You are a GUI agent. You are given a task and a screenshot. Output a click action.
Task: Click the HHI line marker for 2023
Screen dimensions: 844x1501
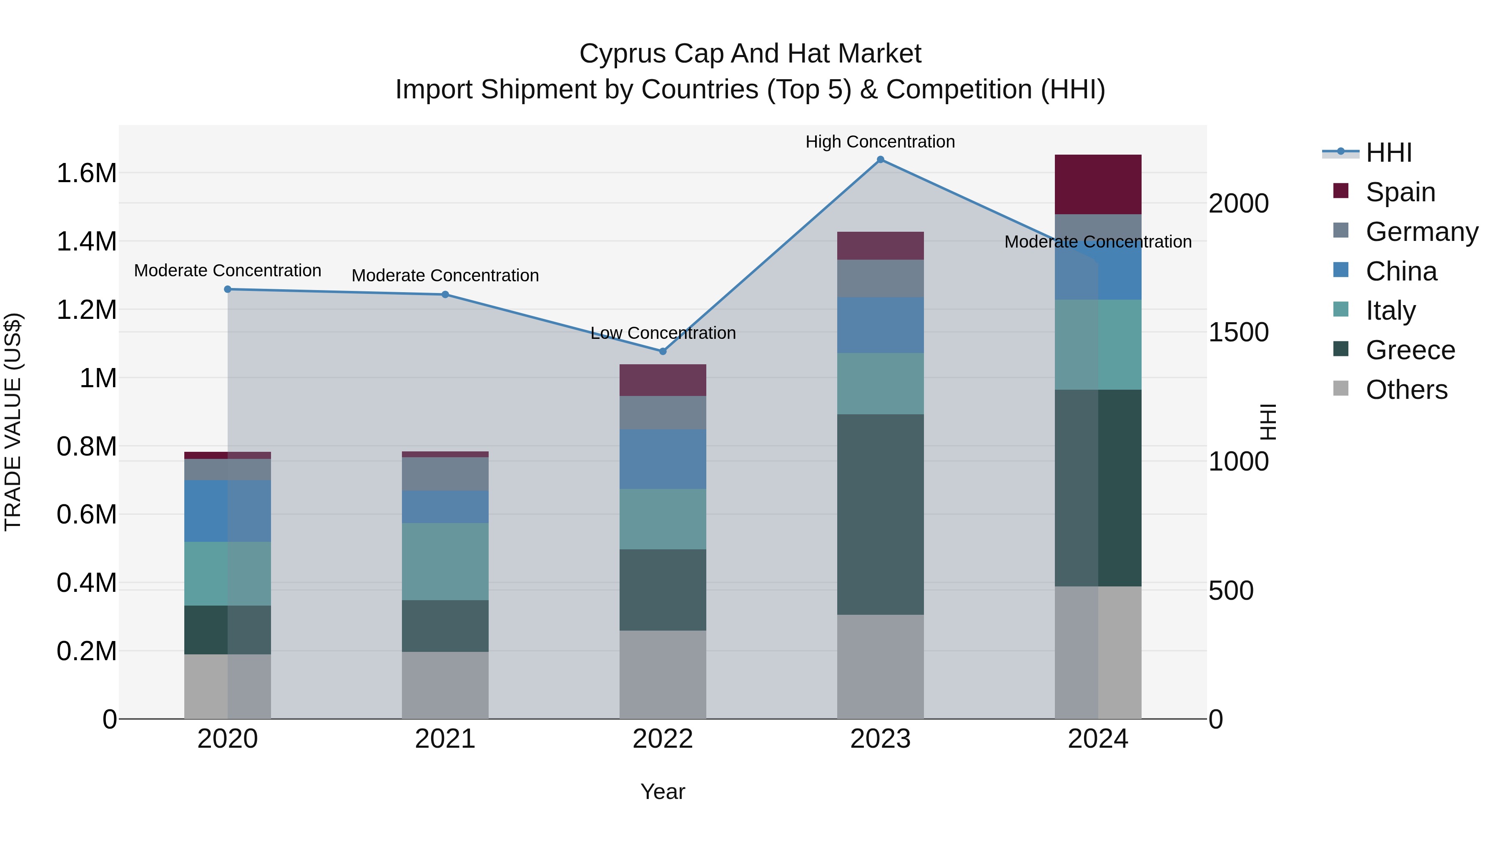[x=881, y=159]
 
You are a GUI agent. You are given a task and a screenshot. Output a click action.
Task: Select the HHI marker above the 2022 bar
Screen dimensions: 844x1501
[x=663, y=351]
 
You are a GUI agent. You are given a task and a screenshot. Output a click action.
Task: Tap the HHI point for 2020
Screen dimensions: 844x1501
[x=228, y=289]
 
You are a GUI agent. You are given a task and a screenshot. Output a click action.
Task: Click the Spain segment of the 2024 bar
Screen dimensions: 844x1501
[x=1098, y=184]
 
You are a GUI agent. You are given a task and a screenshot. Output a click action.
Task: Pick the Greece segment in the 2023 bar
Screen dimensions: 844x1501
[x=881, y=514]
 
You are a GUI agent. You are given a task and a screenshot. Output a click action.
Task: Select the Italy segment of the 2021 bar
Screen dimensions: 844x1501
[x=445, y=561]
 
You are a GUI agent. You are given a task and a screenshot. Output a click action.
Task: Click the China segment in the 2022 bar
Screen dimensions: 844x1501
[x=663, y=459]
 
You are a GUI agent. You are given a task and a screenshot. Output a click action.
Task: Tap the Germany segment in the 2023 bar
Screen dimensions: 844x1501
[x=881, y=278]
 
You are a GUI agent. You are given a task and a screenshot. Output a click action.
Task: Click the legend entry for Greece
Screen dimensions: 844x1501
[x=1410, y=350]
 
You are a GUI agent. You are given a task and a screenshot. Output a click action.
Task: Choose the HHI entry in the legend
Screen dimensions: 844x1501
[x=1388, y=153]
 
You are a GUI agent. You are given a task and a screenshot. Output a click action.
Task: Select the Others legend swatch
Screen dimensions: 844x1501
[x=1341, y=388]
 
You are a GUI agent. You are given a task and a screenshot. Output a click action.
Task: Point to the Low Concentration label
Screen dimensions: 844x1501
[x=663, y=333]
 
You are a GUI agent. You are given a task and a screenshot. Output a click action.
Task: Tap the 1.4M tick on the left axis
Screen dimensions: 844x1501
[x=87, y=241]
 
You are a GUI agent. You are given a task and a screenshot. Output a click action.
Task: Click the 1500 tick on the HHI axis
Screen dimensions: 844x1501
[x=1238, y=332]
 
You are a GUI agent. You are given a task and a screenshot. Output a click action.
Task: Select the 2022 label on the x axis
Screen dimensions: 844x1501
[x=663, y=739]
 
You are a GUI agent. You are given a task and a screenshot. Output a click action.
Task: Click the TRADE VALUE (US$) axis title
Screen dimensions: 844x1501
[x=13, y=422]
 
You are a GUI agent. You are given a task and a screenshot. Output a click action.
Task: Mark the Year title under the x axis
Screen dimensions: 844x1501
[x=663, y=791]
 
